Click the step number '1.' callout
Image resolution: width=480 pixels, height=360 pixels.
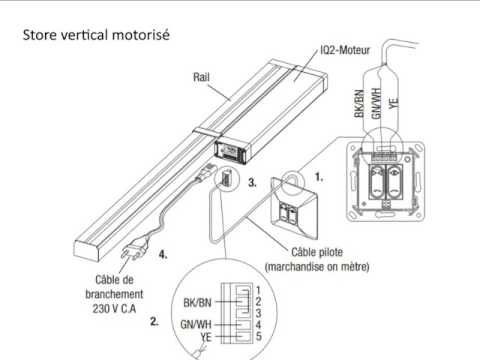pyautogui.click(x=318, y=174)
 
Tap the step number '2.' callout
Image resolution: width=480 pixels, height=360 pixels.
pyautogui.click(x=154, y=322)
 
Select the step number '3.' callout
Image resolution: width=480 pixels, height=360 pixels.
pyautogui.click(x=253, y=184)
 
